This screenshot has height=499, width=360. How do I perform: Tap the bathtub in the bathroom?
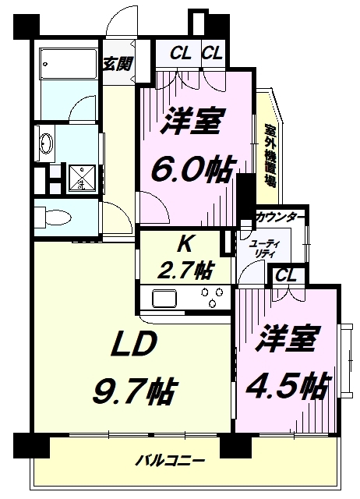point(66,59)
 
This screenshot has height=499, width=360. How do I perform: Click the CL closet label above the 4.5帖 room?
point(284,274)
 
